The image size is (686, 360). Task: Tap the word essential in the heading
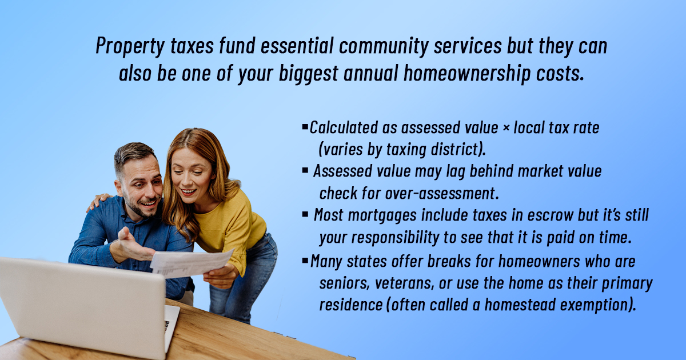(x=300, y=46)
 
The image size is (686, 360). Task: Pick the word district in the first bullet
(x=456, y=150)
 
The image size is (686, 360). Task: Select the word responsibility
(x=391, y=237)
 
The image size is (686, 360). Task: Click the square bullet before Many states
(x=305, y=261)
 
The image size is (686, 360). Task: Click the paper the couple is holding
(x=192, y=263)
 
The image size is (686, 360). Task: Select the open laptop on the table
(x=86, y=309)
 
